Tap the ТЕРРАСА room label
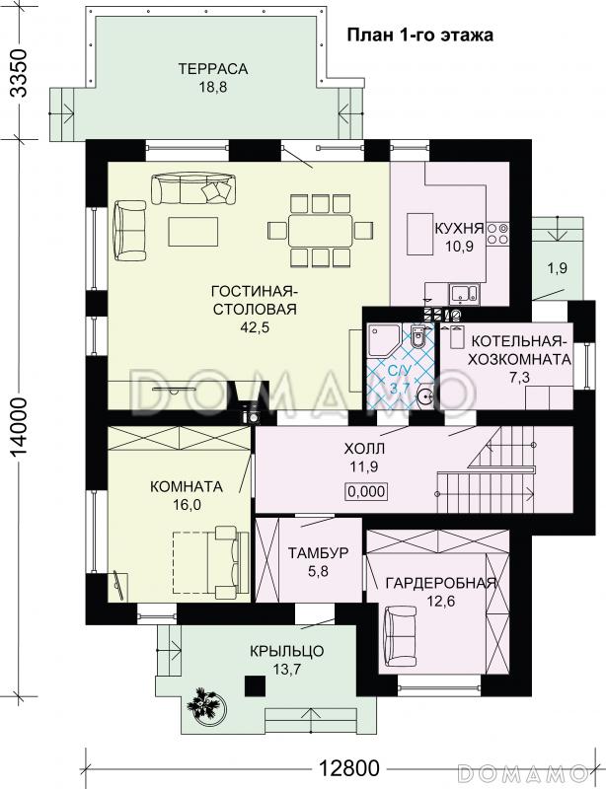click(213, 68)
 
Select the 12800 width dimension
click(349, 768)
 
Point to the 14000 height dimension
click(19, 435)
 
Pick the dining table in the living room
click(320, 231)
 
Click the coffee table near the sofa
click(193, 231)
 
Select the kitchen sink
click(465, 293)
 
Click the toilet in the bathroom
click(418, 336)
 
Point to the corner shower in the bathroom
click(384, 339)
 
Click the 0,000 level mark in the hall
click(366, 491)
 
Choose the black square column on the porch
click(255, 684)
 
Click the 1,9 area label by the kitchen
click(558, 268)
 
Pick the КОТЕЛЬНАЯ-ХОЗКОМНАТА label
click(521, 350)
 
